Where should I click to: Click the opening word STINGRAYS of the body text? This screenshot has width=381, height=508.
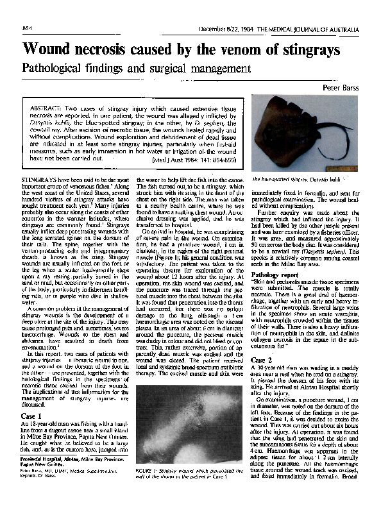click(41, 173)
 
